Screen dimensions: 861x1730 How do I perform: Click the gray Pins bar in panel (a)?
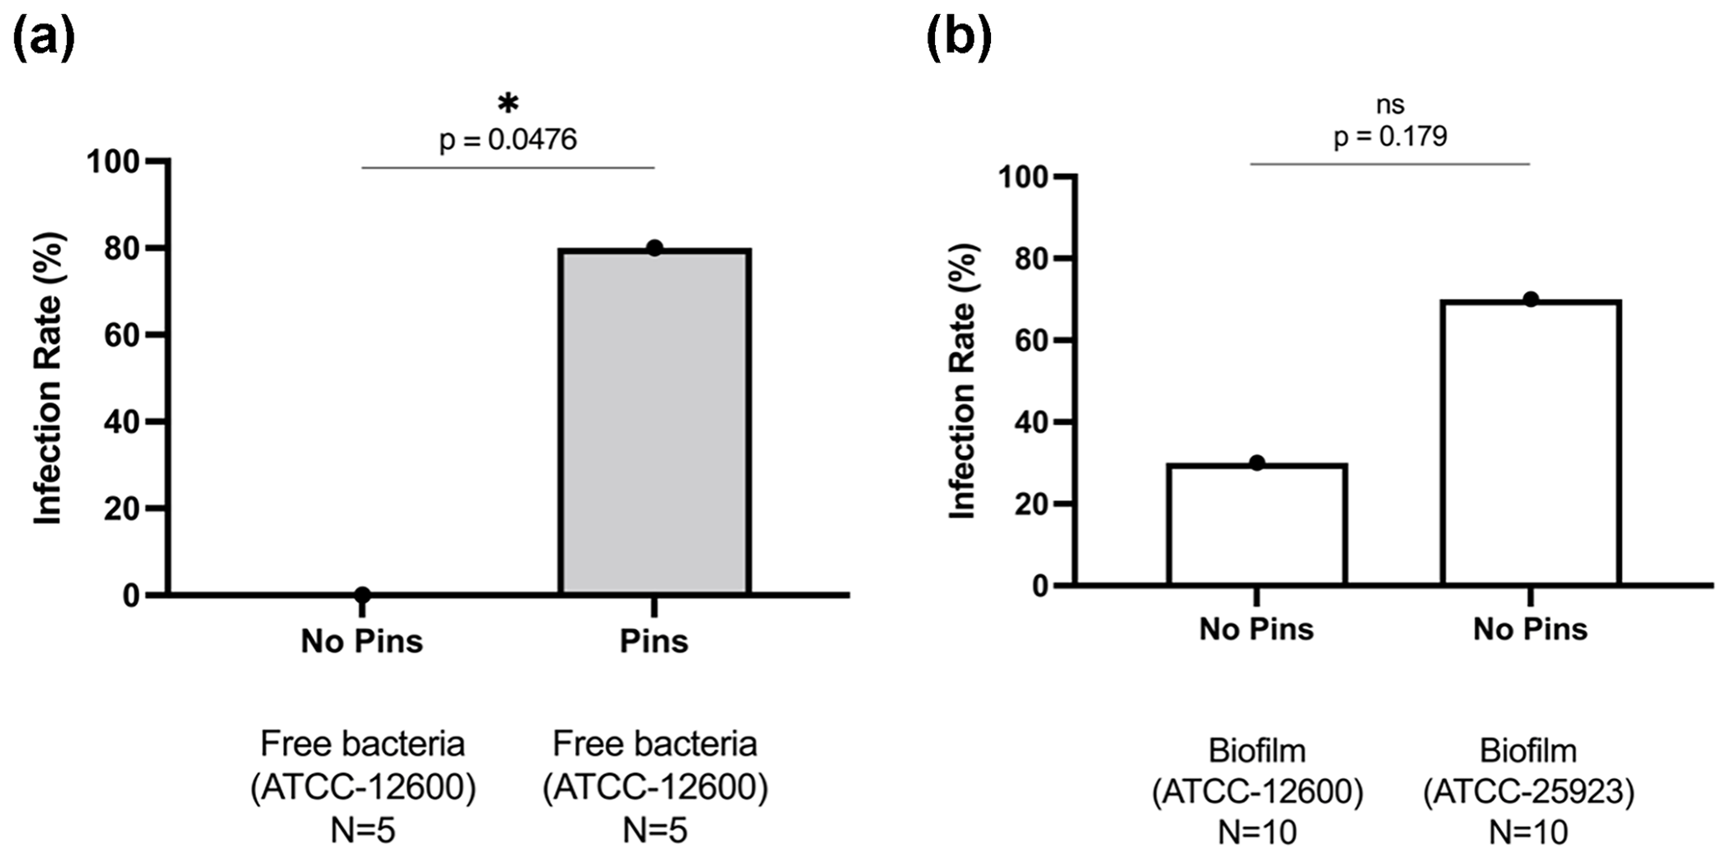[655, 422]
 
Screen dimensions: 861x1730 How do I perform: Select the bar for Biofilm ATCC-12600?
[1256, 524]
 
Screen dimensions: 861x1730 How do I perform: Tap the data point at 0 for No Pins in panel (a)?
[362, 595]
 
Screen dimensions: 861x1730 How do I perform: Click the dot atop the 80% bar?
[655, 248]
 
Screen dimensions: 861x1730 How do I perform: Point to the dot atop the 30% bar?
[1256, 463]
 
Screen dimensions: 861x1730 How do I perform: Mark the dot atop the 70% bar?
[1531, 300]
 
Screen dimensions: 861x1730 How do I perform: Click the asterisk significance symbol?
[508, 104]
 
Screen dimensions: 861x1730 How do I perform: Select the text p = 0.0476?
[508, 139]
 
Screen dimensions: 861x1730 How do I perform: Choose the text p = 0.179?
[1390, 136]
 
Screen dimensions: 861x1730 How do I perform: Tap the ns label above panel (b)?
[1390, 105]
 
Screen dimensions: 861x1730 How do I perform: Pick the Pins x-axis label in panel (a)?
[654, 642]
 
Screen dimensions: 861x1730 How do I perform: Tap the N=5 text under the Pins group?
[655, 831]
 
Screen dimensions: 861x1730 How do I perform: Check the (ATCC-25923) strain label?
[1528, 792]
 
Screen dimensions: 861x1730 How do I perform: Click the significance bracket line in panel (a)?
[508, 167]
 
